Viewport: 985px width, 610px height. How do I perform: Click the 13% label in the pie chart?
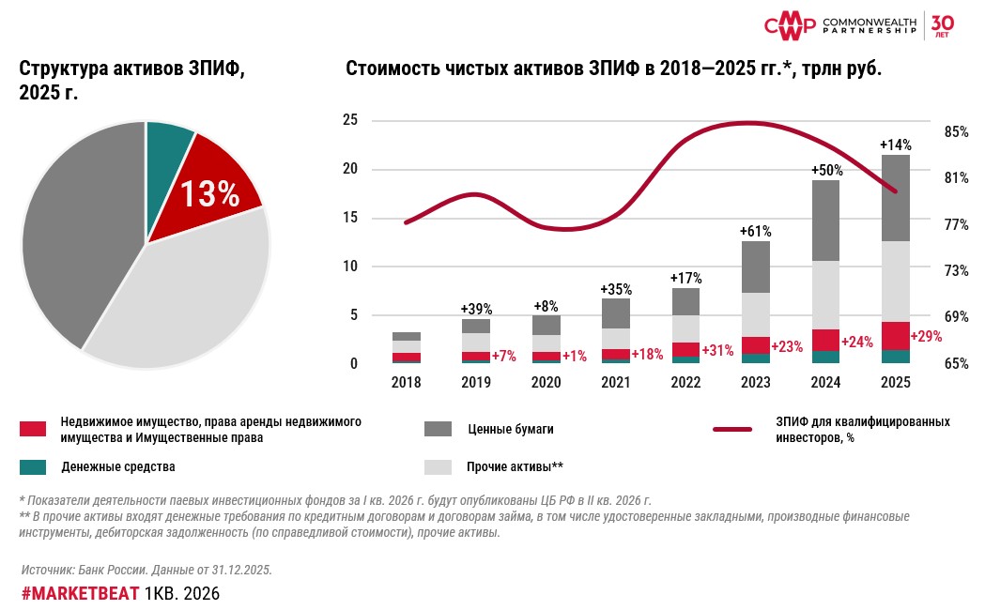[209, 193]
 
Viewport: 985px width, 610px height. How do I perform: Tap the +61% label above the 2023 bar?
[755, 230]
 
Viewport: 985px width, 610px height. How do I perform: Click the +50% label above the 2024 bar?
[826, 170]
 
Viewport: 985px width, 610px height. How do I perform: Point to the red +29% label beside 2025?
[926, 335]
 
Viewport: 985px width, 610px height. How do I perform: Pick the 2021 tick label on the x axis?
[616, 383]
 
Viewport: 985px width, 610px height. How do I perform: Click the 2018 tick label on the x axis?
[407, 383]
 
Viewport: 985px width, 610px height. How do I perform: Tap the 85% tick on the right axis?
[956, 132]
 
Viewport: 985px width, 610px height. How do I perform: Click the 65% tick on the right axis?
[956, 363]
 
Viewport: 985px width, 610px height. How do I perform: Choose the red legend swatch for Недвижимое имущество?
[33, 429]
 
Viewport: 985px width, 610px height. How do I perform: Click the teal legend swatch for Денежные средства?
[33, 466]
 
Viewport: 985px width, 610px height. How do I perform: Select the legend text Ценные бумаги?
[510, 429]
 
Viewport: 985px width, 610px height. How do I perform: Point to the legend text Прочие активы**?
[515, 466]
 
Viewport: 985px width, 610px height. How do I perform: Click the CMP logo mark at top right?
[789, 25]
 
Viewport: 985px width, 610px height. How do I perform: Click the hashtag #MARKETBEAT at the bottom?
[80, 594]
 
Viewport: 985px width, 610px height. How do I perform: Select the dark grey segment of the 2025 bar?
[896, 198]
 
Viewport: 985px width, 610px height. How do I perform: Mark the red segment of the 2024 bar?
[825, 341]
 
